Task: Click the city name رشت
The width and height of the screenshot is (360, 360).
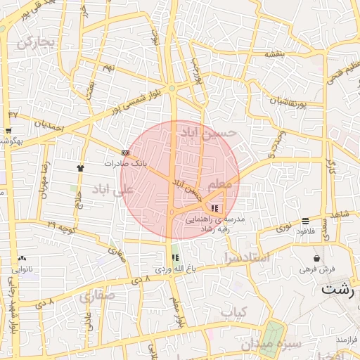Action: tap(339, 288)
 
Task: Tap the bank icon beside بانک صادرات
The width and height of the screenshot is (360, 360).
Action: tap(126, 152)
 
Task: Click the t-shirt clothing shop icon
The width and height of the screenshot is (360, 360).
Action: tap(79, 168)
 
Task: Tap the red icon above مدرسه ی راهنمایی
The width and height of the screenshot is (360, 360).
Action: tap(214, 208)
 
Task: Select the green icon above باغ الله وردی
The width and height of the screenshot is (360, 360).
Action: tap(175, 258)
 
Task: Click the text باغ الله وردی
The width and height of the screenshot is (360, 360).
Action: tap(173, 269)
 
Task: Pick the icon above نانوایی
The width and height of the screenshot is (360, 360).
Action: tap(22, 258)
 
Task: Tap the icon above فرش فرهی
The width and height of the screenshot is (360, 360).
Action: tap(317, 258)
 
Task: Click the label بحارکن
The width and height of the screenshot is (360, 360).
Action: tap(36, 43)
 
